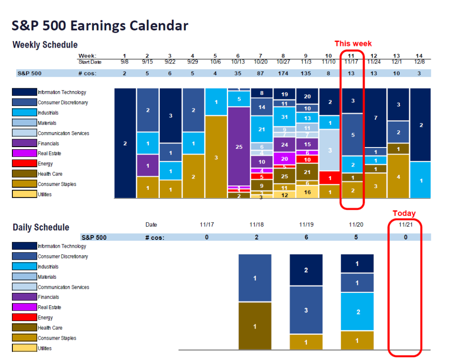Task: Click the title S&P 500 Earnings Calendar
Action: coord(100,26)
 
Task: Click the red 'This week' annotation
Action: coord(353,43)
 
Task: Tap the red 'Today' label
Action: coord(404,213)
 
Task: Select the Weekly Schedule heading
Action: coord(45,45)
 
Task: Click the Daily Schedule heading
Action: coord(41,227)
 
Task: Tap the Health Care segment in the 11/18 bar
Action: coord(255,326)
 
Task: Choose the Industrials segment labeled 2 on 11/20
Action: coord(358,312)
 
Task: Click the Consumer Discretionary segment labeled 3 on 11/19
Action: coord(306,310)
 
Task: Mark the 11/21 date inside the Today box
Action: coord(405,225)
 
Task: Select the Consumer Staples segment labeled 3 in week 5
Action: coord(216,157)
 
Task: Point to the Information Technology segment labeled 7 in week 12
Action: coord(375,117)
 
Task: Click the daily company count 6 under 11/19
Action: coord(306,237)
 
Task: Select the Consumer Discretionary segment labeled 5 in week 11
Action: coord(352,135)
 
